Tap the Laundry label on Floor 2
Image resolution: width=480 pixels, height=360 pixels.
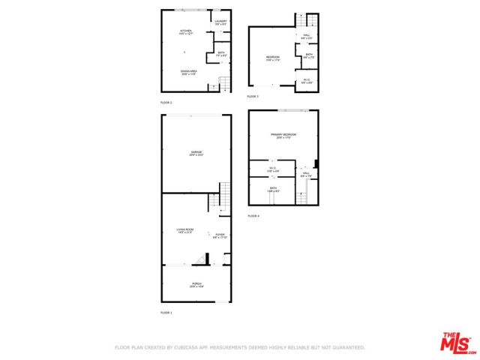click(220, 22)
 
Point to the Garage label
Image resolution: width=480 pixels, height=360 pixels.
click(196, 152)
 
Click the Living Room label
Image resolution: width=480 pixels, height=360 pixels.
click(185, 231)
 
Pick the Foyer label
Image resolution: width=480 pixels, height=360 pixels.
click(220, 235)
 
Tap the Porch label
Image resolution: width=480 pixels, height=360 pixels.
click(196, 284)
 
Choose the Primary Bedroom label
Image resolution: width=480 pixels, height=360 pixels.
click(283, 136)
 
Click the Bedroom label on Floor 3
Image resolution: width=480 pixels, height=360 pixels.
click(273, 58)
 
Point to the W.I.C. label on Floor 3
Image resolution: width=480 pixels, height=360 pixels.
click(307, 79)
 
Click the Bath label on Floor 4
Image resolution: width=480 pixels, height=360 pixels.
click(273, 190)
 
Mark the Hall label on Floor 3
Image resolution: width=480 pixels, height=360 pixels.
click(307, 36)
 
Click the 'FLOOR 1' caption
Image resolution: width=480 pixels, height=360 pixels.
click(166, 312)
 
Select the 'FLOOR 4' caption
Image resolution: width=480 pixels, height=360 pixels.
click(253, 216)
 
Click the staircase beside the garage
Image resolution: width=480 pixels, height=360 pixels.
click(223, 196)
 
